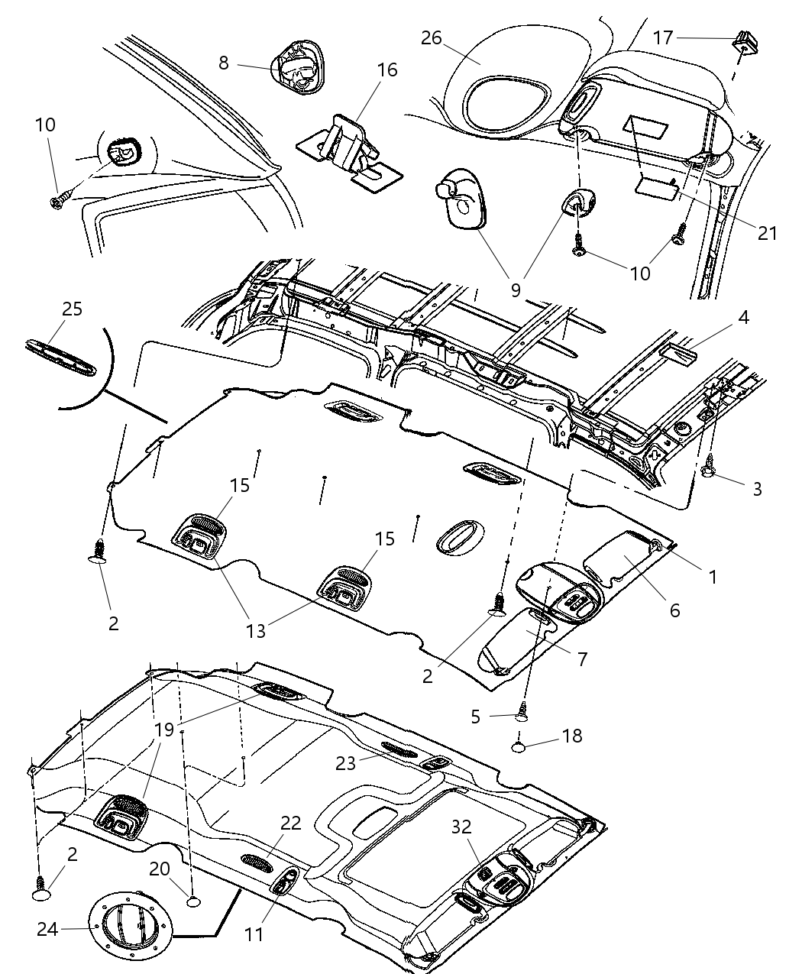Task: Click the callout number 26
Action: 432,38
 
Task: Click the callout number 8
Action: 224,63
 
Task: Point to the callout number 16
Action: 387,70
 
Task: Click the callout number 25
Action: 73,309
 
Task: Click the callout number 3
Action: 757,489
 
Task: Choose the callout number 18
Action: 572,736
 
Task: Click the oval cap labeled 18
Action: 522,745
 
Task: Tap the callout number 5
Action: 475,717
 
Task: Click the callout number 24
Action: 47,929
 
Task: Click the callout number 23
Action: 346,762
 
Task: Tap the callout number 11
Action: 254,934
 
